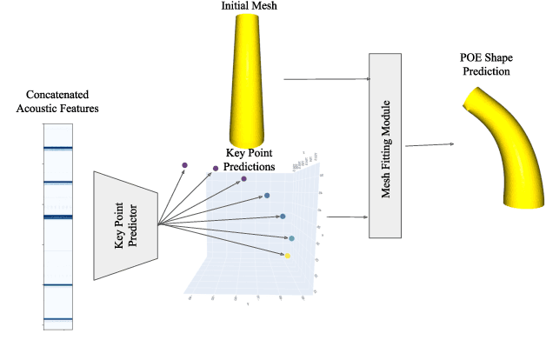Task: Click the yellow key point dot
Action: [x=288, y=256]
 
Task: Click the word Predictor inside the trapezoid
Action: [x=133, y=229]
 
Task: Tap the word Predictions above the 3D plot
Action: [x=250, y=165]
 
